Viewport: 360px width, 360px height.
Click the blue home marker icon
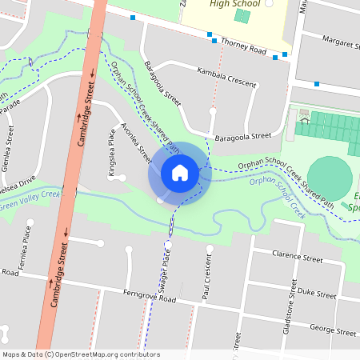[x=180, y=172]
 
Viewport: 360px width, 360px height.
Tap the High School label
[x=236, y=3]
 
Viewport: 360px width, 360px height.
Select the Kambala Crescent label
[x=226, y=77]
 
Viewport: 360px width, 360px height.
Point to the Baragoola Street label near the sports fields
[x=238, y=137]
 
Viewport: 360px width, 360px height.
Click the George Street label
[x=332, y=330]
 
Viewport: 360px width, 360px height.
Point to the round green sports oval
[x=329, y=177]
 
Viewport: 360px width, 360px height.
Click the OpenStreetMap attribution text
[x=81, y=354]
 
